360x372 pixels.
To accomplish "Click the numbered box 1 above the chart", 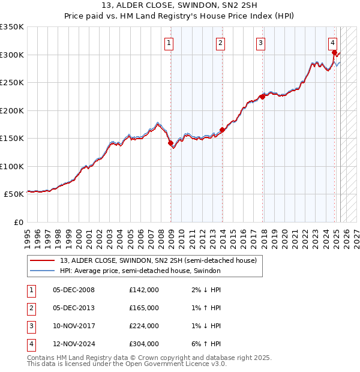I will click(x=169, y=43).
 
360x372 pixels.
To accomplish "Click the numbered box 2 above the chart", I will click(x=221, y=43).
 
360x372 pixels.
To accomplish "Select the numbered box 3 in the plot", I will click(x=261, y=43).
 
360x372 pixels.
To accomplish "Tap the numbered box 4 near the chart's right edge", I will click(x=332, y=43).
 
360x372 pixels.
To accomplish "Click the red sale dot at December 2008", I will click(x=170, y=143).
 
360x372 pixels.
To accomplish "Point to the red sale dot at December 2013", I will click(x=222, y=130).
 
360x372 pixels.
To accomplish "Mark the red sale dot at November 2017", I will click(x=262, y=97).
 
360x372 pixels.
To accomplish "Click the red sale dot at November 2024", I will click(x=334, y=52).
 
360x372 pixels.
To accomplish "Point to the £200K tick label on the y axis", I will click(x=12, y=110).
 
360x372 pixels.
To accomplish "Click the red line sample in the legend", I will click(x=43, y=260).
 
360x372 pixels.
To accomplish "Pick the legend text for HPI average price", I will click(x=140, y=271).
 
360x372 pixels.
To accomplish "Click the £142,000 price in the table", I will click(x=143, y=290).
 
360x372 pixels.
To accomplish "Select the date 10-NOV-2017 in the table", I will click(x=74, y=326).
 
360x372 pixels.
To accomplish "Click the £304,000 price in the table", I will click(x=143, y=344).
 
